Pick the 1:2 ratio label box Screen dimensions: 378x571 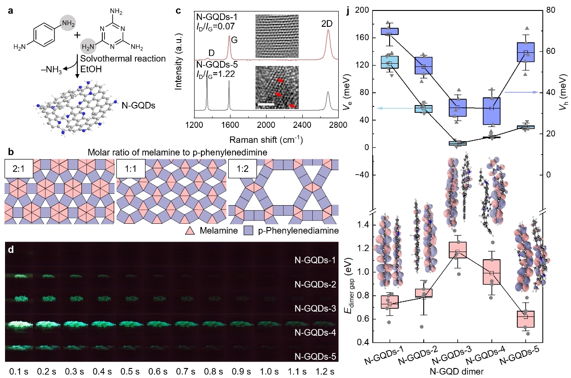[x=242, y=167]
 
